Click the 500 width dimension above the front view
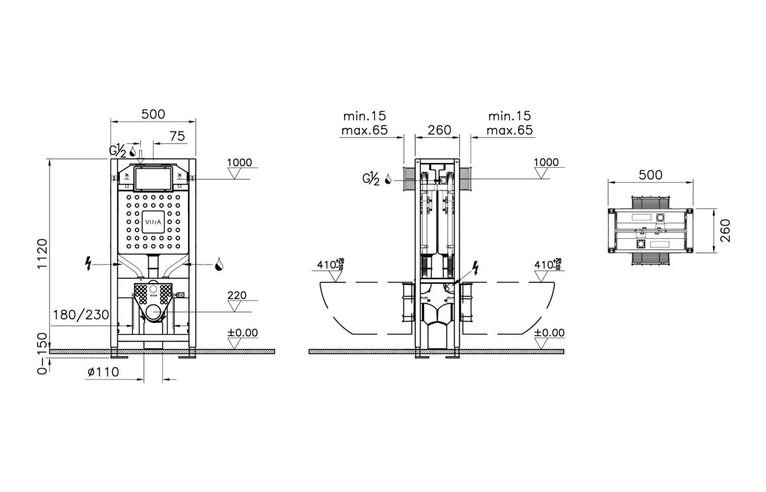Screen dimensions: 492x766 [153, 114]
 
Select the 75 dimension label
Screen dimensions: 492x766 [177, 135]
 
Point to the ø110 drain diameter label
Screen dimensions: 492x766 [103, 372]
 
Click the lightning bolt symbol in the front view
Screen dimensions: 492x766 [88, 264]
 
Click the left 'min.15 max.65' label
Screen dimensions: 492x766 [364, 123]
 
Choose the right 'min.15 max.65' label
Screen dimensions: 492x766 [510, 123]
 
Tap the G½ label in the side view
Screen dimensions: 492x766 [371, 178]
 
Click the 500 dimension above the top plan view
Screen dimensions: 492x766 [650, 174]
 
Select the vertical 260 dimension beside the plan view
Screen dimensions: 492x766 [725, 231]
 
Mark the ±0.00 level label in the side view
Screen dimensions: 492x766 [549, 333]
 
